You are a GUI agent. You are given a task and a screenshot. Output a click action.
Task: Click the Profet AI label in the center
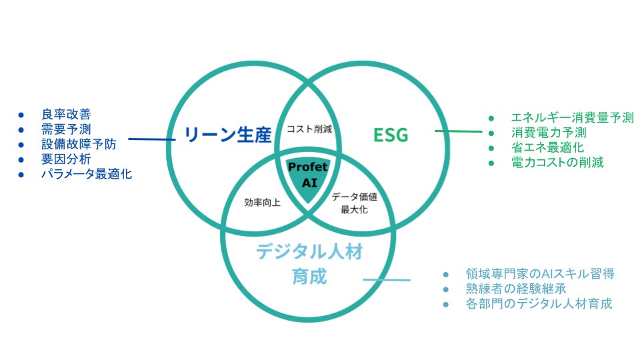click(307, 175)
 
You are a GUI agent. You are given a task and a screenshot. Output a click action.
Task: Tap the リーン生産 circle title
click(227, 135)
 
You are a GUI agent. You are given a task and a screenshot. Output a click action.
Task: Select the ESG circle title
click(390, 135)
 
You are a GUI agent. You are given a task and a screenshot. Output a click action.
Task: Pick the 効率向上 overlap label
click(262, 202)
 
